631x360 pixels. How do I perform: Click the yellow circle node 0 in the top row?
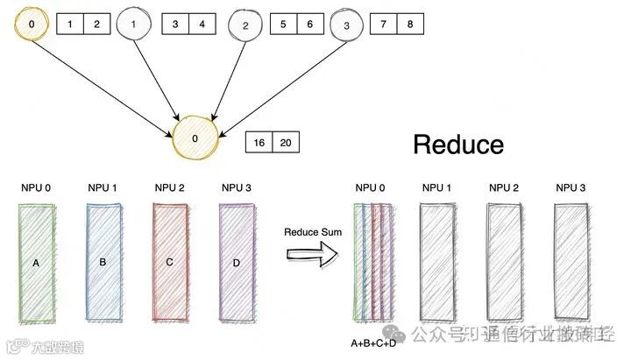32,24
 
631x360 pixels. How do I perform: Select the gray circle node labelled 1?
133,25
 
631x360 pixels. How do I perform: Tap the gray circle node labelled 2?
245,26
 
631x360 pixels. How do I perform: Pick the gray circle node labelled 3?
346,26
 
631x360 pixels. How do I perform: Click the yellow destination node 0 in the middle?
195,138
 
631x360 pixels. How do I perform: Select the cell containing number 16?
259,143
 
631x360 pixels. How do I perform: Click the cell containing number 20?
286,143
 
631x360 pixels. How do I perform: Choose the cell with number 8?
409,25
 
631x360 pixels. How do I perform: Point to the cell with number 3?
175,25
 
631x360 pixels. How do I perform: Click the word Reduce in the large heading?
458,144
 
